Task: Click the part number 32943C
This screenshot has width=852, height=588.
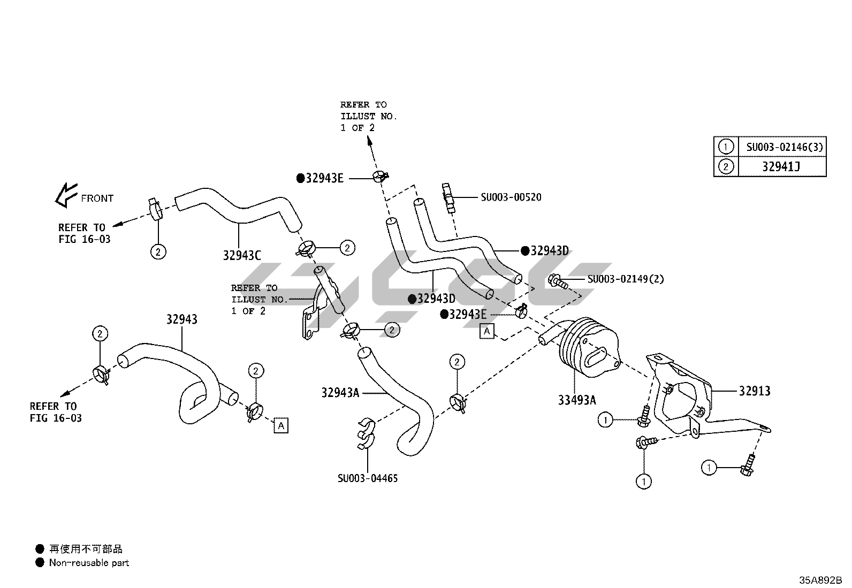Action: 242,256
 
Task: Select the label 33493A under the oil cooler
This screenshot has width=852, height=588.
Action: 577,400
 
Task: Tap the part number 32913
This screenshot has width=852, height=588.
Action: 755,391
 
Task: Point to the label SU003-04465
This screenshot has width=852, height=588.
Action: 368,478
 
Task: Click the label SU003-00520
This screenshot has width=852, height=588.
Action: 511,197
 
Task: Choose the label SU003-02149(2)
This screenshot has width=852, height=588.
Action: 626,279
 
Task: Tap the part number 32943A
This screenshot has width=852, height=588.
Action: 340,393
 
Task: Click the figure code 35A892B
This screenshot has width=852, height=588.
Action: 821,580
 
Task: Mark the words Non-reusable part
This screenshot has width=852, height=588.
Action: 89,563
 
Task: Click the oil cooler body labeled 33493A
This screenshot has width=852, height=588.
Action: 586,343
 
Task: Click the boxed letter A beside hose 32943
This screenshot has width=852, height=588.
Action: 281,425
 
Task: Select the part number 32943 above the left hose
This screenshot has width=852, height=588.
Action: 181,319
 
